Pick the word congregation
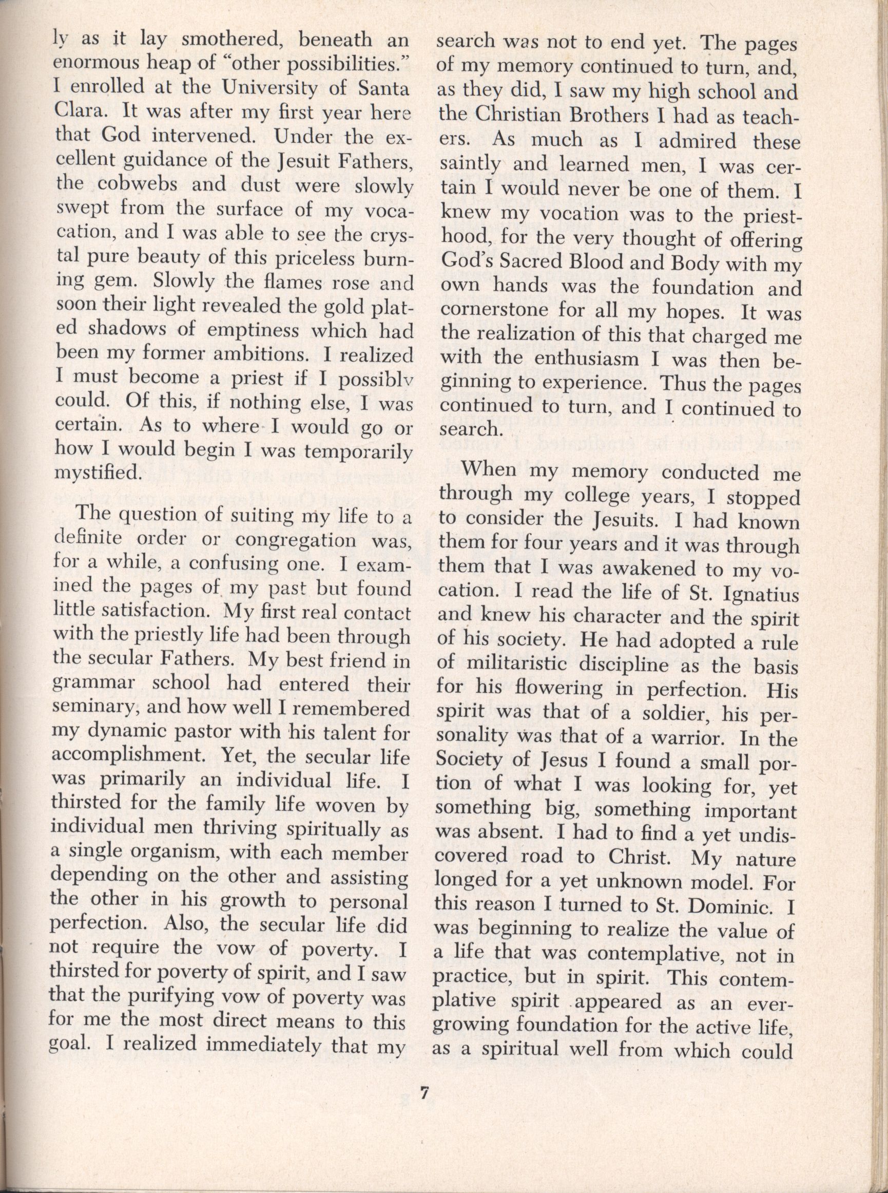pos(296,539)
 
